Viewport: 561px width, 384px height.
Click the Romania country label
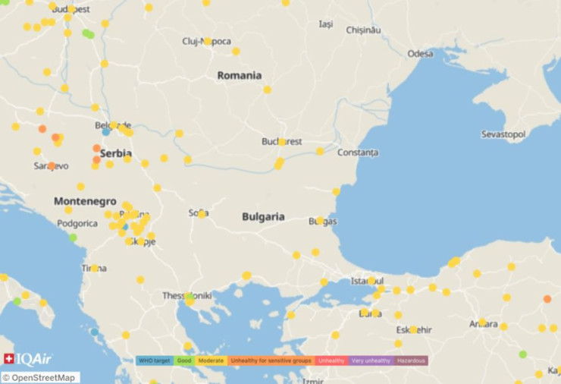click(239, 76)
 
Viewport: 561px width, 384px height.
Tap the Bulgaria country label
click(263, 217)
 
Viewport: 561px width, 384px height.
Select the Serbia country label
click(115, 153)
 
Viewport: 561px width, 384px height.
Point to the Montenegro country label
click(85, 202)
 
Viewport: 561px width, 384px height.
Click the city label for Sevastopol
click(503, 134)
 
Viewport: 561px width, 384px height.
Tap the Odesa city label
click(420, 54)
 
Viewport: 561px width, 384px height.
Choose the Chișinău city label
click(361, 30)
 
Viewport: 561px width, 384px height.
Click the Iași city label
click(325, 24)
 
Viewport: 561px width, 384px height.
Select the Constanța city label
click(357, 153)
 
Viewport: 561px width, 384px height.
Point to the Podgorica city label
click(77, 223)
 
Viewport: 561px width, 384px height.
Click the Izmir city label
click(312, 380)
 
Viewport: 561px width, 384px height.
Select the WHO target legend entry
click(155, 360)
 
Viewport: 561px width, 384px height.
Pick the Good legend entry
click(184, 360)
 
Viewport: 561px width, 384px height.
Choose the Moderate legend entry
click(211, 360)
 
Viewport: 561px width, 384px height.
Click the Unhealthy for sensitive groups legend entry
click(271, 360)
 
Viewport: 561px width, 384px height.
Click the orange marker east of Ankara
click(547, 299)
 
